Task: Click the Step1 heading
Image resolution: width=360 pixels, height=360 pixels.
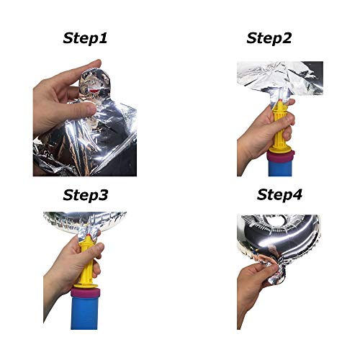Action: [x=85, y=38]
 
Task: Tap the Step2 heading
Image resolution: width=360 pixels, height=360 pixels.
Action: [x=269, y=38]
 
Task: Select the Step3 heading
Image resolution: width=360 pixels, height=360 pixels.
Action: [x=86, y=195]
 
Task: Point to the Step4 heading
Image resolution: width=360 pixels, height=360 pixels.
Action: [x=279, y=194]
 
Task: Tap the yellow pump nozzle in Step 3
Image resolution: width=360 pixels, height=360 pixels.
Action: [x=86, y=261]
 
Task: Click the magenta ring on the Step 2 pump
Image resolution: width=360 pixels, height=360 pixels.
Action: [x=281, y=157]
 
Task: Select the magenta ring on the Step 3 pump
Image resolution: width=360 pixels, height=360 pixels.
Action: [x=85, y=294]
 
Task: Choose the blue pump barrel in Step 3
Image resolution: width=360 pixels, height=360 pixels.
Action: [x=85, y=314]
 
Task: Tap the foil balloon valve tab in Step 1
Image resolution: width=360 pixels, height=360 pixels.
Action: [x=94, y=84]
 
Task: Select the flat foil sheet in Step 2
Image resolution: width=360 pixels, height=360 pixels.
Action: [x=280, y=77]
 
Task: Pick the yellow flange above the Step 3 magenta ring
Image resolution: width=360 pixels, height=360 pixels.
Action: [x=86, y=286]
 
